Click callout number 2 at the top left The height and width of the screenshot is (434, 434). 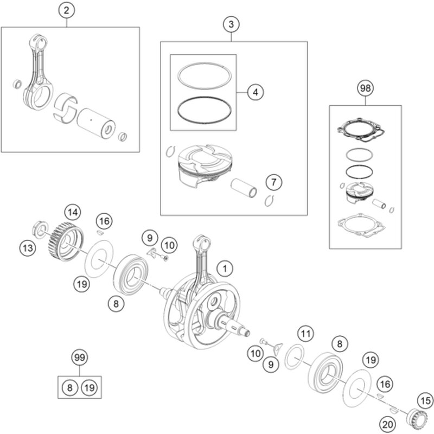(66, 10)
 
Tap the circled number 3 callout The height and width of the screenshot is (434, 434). (231, 24)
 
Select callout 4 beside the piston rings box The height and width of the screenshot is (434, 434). (256, 92)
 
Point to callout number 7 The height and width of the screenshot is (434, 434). (274, 182)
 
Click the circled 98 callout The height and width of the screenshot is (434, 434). (365, 88)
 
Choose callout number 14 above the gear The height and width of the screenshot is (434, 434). (73, 213)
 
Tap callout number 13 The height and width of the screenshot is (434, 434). (28, 248)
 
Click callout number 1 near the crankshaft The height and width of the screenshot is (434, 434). (225, 269)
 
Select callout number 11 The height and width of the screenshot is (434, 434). (305, 334)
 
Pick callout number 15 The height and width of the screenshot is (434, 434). (425, 401)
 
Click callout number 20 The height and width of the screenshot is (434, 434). (387, 424)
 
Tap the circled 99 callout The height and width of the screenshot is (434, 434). (79, 358)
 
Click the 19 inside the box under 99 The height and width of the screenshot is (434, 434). (89, 387)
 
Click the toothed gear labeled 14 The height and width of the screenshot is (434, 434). (67, 241)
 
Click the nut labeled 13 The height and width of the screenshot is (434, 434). (40, 229)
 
